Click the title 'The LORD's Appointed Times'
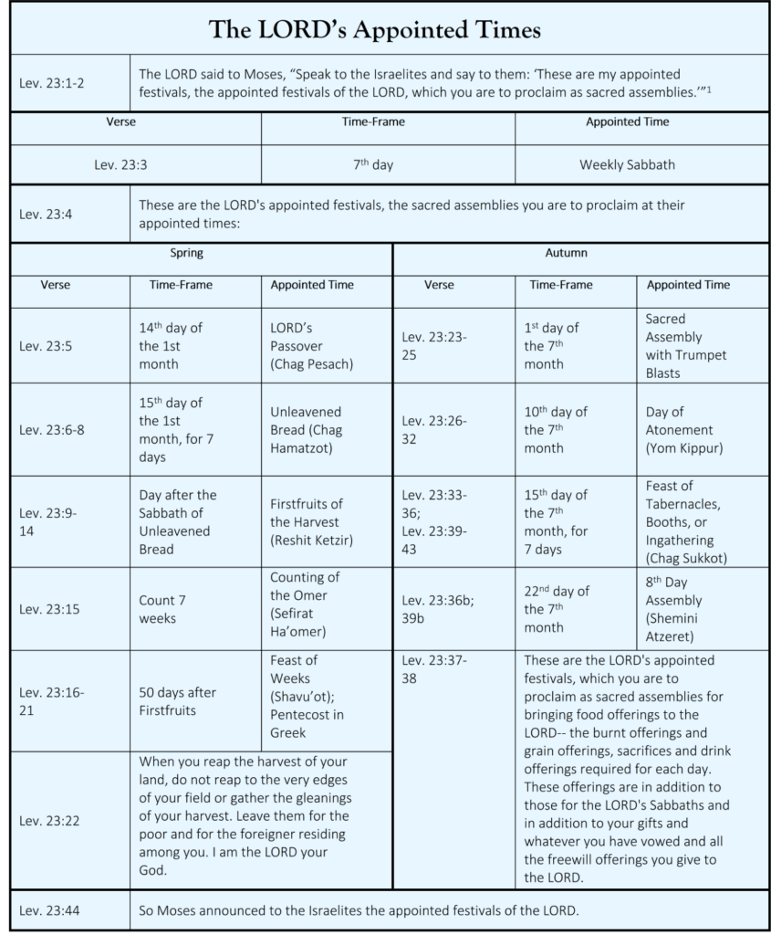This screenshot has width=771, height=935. point(375,30)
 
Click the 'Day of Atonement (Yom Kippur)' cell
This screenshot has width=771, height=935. point(680,430)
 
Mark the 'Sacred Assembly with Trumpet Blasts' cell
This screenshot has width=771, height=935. point(686,346)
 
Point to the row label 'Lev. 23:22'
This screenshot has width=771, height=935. point(49,821)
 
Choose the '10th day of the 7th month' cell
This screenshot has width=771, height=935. point(556,430)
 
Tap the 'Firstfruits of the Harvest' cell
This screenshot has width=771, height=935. point(310,521)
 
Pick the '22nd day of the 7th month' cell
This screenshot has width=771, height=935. point(557,609)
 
